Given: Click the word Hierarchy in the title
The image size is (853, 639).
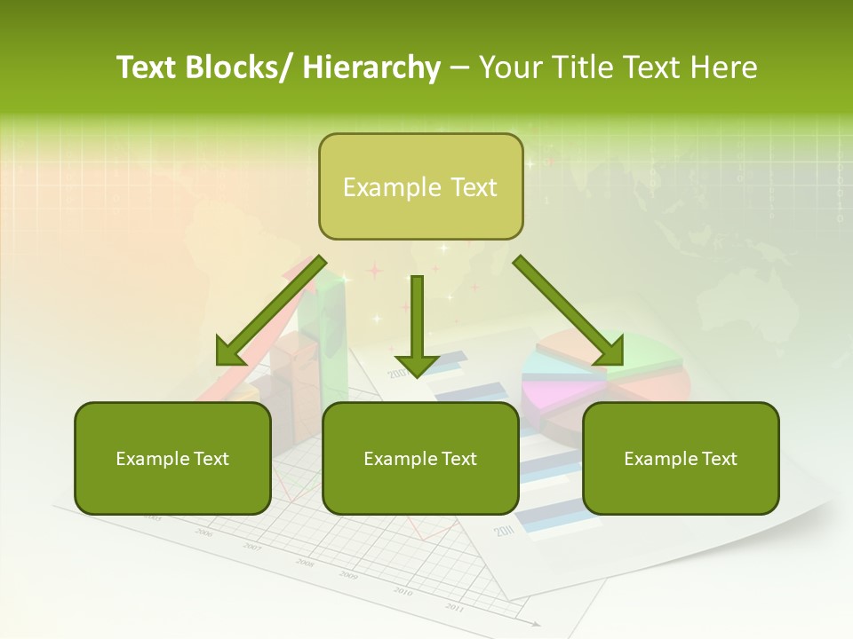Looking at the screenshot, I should click(371, 67).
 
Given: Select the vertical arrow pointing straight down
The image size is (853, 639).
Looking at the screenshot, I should click(417, 324).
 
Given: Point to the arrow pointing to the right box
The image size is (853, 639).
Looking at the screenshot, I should click(569, 311).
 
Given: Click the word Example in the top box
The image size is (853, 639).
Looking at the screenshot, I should click(379, 187).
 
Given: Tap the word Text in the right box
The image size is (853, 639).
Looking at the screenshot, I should click(718, 459).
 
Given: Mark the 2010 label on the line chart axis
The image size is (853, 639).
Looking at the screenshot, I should click(403, 591).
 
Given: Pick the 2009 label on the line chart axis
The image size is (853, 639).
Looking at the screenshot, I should click(348, 575).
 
